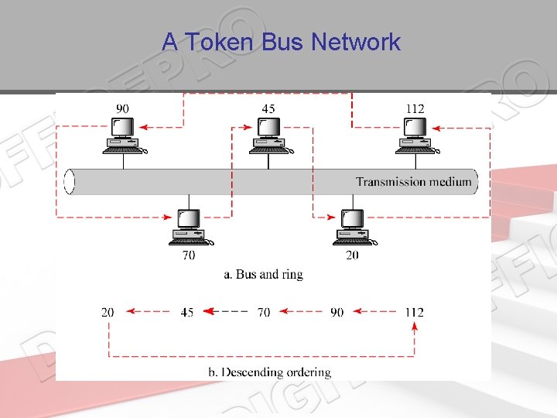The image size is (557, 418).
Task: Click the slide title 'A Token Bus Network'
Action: coord(281,42)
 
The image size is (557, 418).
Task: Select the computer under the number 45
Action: coord(268,137)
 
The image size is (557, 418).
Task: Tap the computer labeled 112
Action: coord(415,137)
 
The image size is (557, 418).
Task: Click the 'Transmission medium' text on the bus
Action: coord(412,182)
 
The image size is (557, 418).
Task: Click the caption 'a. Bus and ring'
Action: coord(263,274)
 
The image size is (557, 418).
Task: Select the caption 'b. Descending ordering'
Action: coord(269,372)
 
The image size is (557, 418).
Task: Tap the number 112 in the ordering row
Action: coord(414,312)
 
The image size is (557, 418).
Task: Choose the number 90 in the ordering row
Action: coord(337,312)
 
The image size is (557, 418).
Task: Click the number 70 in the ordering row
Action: coord(264,312)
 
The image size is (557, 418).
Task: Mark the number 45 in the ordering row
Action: coord(186,312)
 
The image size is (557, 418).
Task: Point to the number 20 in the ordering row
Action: coord(108,312)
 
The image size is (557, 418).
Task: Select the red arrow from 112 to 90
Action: coord(376,312)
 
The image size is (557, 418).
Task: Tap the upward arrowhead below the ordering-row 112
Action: coord(415,327)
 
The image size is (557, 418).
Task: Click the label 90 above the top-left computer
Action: coord(122,108)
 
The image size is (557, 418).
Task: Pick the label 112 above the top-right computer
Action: coord(415,108)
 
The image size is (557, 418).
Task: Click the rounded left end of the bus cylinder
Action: coord(70,182)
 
